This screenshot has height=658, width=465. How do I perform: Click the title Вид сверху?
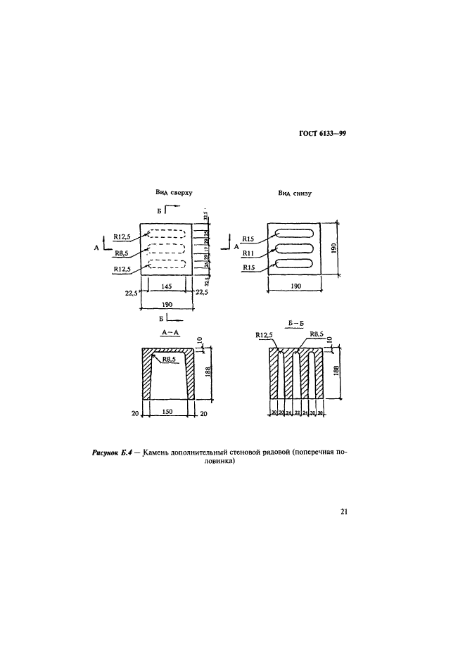pos(174,191)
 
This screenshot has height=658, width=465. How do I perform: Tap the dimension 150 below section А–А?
pos(168,413)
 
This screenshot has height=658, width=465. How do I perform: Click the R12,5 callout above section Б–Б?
pos(264,336)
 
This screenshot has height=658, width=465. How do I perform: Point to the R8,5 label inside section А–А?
pos(170,360)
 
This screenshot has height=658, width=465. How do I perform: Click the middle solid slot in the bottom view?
pos(294,248)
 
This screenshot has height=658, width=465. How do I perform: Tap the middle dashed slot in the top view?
pos(167,249)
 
